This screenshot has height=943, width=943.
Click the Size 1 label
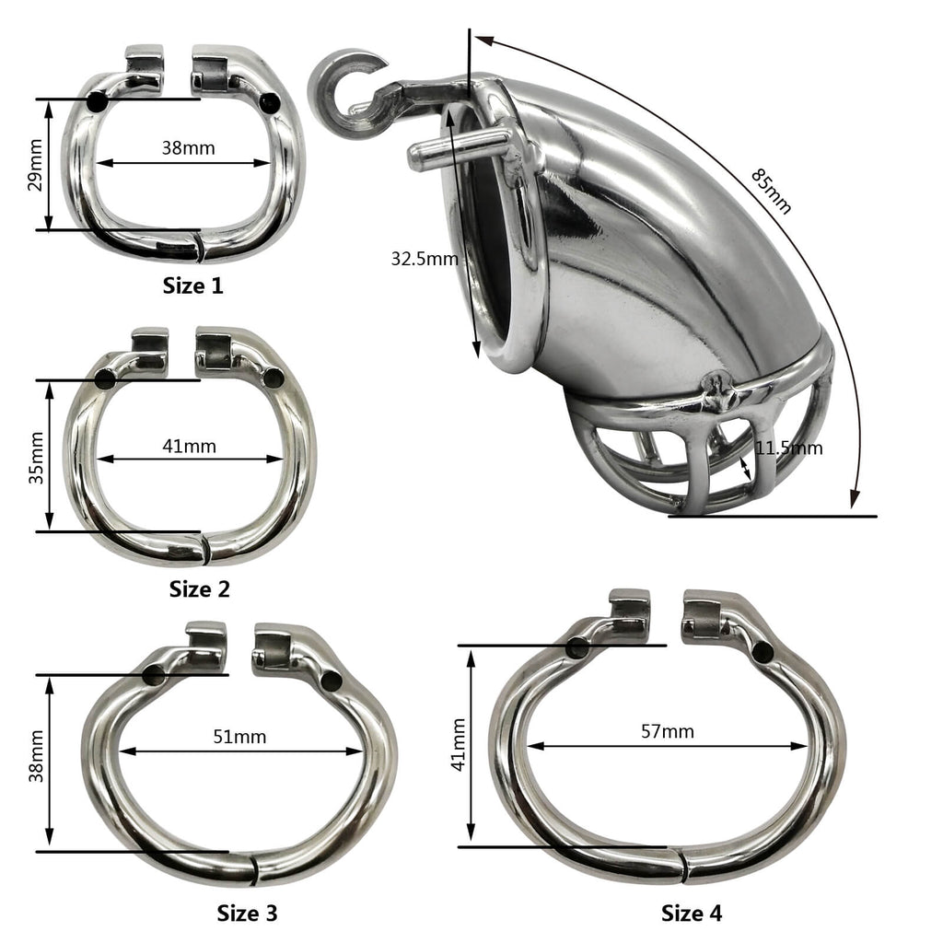(x=192, y=285)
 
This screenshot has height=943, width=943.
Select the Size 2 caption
(x=199, y=588)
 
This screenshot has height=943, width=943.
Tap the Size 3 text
(x=247, y=913)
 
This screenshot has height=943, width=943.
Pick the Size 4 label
(x=692, y=913)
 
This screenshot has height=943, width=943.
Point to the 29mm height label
(x=35, y=165)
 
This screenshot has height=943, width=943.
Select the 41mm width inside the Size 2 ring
(x=189, y=446)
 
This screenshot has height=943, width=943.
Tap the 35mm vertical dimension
(x=36, y=456)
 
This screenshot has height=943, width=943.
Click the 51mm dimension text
(x=239, y=737)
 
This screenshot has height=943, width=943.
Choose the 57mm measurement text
(x=668, y=731)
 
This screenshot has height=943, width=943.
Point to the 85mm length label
(x=770, y=191)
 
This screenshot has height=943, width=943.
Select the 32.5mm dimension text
(x=424, y=259)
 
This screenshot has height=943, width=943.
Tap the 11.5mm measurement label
(x=789, y=448)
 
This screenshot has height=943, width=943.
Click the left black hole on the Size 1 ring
(x=98, y=102)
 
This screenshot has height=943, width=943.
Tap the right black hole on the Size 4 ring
(x=763, y=652)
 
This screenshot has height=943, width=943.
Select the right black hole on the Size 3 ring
(x=332, y=681)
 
